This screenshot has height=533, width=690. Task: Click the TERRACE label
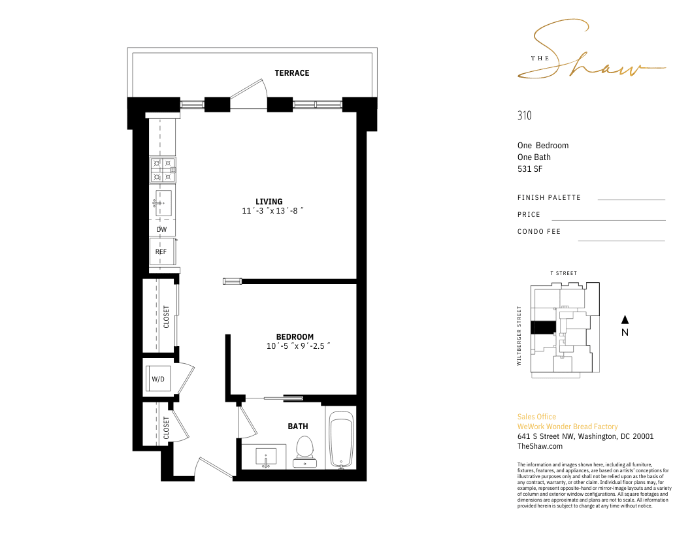pos(292,73)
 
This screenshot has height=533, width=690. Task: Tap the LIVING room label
pos(269,202)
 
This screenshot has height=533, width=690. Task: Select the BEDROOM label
pos(295,337)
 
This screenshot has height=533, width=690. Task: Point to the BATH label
pos(298,426)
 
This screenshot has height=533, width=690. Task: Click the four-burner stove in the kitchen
pos(163,170)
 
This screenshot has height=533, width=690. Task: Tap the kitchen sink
pos(163,203)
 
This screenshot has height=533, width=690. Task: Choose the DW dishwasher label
pos(162,229)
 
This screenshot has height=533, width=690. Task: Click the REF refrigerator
pos(163,251)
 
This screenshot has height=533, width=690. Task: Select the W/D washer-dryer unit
pos(157,379)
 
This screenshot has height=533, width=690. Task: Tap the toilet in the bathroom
pos(304,451)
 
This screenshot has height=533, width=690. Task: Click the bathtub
pos(342,440)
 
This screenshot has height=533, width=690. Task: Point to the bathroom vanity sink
pos(266,457)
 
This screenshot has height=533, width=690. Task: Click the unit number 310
pos(525,115)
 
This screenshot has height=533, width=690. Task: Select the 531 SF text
pos(530,169)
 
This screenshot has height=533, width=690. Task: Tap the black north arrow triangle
pos(625,319)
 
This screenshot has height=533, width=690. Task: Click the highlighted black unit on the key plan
pos(544,327)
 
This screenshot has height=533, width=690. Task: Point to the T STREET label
pos(564,273)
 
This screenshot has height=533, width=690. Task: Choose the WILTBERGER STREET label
pos(519,336)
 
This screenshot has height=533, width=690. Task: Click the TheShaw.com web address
pos(540,446)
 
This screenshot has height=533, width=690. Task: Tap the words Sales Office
pos(537,417)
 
